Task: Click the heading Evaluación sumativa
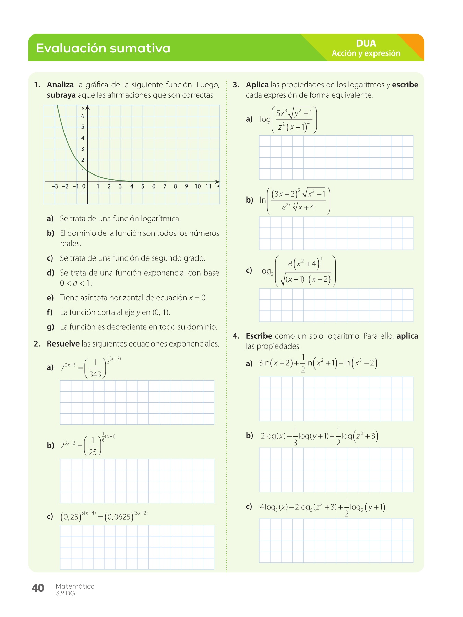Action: [103, 48]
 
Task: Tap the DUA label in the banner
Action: [366, 43]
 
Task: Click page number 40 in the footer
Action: [38, 588]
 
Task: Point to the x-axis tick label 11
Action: [209, 186]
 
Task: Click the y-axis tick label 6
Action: [83, 116]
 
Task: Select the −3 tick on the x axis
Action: [55, 186]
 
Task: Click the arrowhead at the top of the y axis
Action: [87, 107]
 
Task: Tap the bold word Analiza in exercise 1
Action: [60, 85]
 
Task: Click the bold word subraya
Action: [61, 95]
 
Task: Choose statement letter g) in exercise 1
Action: [50, 327]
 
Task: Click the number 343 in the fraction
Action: [95, 374]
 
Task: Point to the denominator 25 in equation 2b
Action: [93, 452]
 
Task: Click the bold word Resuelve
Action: [63, 344]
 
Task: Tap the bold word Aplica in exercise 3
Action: [257, 85]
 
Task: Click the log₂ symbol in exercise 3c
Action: [266, 271]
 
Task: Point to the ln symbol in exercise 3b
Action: [263, 200]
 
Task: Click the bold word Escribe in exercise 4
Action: [259, 336]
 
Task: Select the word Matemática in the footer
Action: [75, 586]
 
